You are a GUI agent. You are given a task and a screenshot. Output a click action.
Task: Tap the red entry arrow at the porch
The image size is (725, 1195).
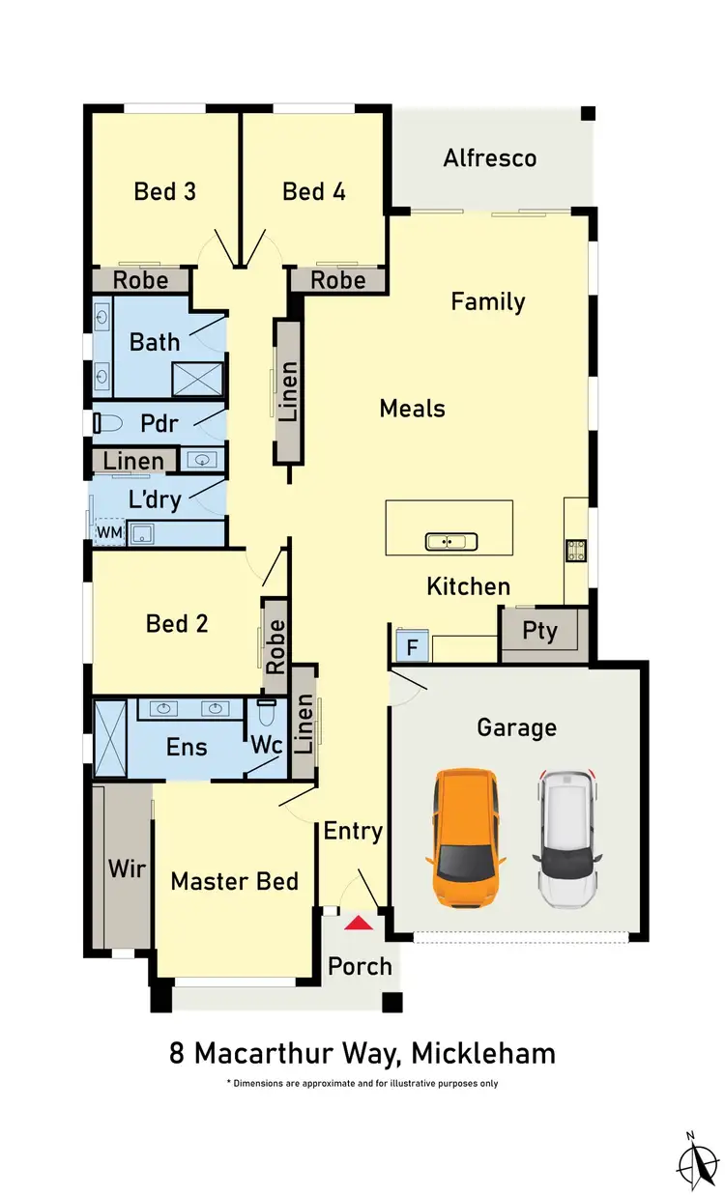pos(359,924)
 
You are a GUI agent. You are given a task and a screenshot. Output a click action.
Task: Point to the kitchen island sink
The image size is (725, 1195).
pos(448,541)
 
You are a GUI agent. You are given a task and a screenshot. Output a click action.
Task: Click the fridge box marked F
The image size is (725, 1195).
pos(410,645)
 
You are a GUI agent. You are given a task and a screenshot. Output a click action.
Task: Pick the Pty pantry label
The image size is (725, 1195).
pos(539,632)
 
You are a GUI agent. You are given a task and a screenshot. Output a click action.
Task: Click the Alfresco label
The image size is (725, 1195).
pos(489,158)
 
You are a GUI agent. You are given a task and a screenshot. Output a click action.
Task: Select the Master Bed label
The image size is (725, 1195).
pos(234,881)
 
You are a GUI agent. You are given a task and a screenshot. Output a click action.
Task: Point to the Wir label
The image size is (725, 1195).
pos(127,868)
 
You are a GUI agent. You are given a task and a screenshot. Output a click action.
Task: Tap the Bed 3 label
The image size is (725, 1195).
pos(164,191)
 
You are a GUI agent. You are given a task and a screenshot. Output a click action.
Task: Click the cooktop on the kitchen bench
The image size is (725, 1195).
pos(574,550)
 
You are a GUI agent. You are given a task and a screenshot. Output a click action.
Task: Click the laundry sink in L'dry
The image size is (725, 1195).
pos(143,532)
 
